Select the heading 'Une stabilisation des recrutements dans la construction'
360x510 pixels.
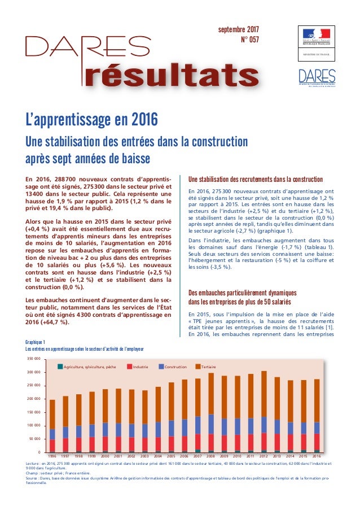coord(255,179)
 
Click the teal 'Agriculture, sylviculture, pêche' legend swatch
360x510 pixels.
coord(60,367)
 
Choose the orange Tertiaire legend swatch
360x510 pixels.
coord(198,367)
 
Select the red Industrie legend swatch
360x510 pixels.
coord(130,367)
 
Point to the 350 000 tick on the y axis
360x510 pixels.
coord(33,359)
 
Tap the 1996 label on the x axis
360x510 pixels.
coord(52,456)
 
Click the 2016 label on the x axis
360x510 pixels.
coord(317,456)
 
